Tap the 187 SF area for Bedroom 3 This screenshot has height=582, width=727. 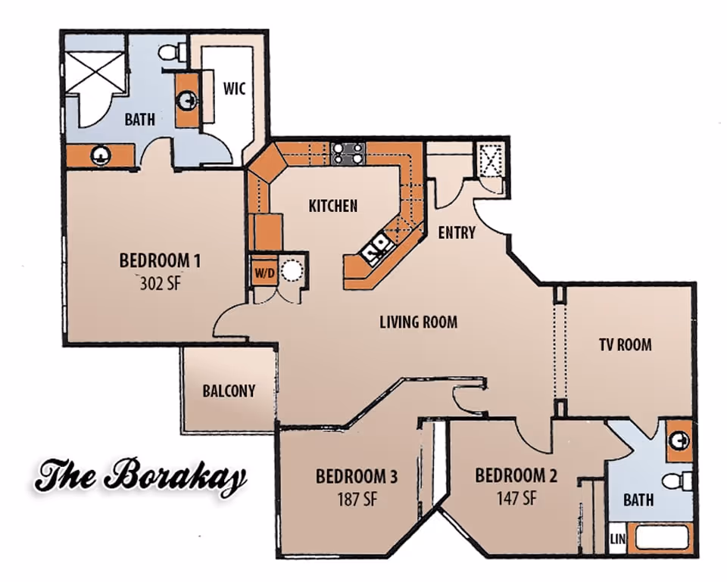point(356,500)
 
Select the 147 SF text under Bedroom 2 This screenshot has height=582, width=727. point(516,499)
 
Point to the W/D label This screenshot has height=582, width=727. point(263,271)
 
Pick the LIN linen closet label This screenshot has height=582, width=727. point(616,540)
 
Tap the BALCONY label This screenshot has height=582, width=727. point(229,391)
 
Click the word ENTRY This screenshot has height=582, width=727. point(457,232)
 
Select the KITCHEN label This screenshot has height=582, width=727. point(332,205)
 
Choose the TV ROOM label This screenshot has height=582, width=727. point(625,345)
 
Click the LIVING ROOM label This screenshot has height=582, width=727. point(418,322)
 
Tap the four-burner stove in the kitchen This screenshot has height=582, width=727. point(348,154)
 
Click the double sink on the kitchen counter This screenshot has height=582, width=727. point(376,247)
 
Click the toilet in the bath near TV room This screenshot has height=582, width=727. point(679,481)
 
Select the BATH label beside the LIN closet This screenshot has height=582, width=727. point(638,500)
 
